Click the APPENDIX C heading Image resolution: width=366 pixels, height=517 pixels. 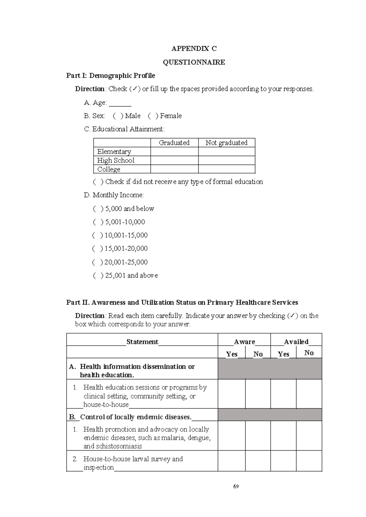pyautogui.click(x=194, y=48)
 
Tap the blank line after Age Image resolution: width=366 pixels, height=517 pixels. pyautogui.click(x=120, y=104)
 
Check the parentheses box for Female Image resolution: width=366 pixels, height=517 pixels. pyautogui.click(x=153, y=116)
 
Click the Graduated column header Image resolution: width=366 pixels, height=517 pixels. pyautogui.click(x=174, y=143)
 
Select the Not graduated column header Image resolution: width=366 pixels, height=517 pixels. pyautogui.click(x=226, y=143)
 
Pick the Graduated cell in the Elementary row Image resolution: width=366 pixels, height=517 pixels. pyautogui.click(x=174, y=152)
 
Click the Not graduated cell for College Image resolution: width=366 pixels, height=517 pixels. pyautogui.click(x=226, y=169)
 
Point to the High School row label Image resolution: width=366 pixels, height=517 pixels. pyautogui.click(x=116, y=160)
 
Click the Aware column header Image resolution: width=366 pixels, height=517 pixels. pyautogui.click(x=244, y=342)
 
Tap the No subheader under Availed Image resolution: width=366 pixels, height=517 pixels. pyautogui.click(x=309, y=353)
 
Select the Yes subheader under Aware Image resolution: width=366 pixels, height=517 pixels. pyautogui.click(x=231, y=354)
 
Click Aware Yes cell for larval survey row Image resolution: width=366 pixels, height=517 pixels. pyautogui.click(x=231, y=461)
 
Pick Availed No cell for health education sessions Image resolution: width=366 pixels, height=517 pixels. pyautogui.click(x=309, y=394)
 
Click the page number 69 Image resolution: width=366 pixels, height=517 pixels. pyautogui.click(x=236, y=487)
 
